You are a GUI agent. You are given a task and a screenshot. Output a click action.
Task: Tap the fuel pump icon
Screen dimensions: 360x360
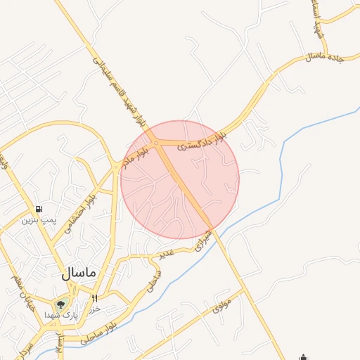[x=37, y=209]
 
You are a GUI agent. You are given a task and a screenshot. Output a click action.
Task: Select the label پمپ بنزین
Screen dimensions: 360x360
[x=37, y=220]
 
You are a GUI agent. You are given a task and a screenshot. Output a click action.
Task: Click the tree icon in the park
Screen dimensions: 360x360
[x=60, y=305]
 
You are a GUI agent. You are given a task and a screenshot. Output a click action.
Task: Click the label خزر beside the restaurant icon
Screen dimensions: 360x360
[x=97, y=308]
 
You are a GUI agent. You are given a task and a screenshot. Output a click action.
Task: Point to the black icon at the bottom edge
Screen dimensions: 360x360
[x=304, y=356]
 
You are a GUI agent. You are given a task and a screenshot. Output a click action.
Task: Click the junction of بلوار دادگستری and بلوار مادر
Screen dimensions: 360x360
[x=156, y=143]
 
